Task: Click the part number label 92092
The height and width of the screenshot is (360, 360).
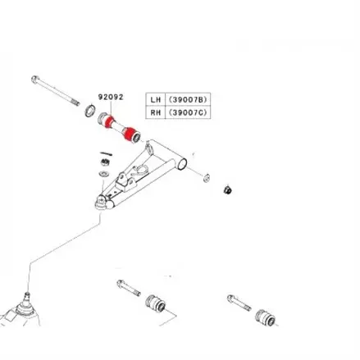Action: click(111, 97)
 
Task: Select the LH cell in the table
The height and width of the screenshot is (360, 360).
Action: click(156, 99)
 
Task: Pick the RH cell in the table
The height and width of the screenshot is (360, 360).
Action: click(156, 112)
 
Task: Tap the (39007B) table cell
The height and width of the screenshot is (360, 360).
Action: click(188, 99)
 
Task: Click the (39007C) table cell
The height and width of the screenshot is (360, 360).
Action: click(188, 112)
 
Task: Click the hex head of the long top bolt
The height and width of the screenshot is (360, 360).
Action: click(34, 79)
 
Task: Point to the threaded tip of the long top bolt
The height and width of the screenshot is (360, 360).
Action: click(75, 103)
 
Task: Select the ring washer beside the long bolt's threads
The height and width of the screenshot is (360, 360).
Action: click(90, 111)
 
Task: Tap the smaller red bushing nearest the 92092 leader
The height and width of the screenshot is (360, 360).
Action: click(110, 121)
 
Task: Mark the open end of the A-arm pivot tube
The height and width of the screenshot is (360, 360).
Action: click(182, 164)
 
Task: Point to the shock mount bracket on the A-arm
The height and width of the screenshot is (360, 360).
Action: click(125, 183)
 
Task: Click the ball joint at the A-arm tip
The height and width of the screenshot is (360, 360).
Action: click(101, 203)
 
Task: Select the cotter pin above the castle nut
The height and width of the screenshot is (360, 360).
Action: click(107, 153)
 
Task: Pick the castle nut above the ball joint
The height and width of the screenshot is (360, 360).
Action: click(105, 162)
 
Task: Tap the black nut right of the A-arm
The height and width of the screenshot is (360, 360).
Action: click(227, 189)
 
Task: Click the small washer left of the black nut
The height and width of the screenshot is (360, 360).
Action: click(207, 178)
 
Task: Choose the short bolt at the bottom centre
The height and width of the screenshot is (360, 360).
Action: click(129, 288)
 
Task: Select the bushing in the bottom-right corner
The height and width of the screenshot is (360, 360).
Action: click(266, 317)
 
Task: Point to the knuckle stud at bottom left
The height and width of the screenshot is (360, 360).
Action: click(27, 296)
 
